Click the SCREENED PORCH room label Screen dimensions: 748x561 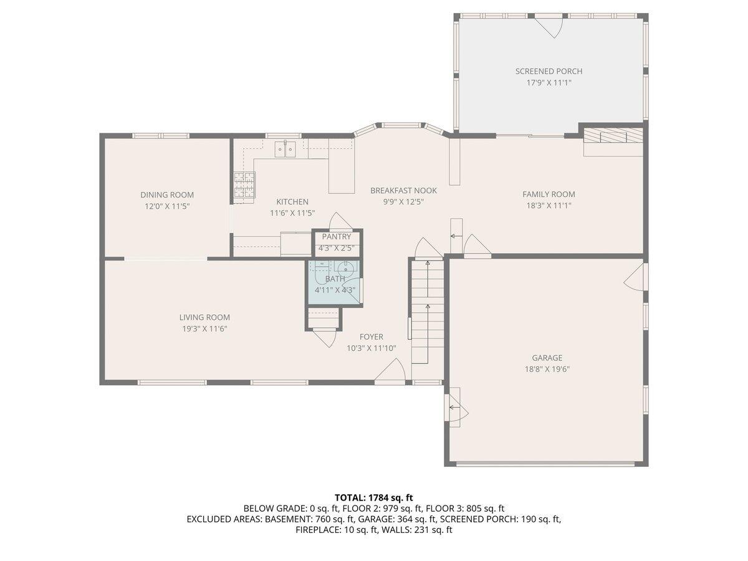549,71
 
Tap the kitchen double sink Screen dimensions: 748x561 285,149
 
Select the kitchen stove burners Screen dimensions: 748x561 244,185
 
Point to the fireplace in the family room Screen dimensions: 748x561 613,135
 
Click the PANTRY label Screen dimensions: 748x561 337,237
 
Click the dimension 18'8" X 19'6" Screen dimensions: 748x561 547,369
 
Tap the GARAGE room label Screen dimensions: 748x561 547,358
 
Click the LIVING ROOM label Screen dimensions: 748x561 204,317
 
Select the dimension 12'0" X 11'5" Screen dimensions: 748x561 167,206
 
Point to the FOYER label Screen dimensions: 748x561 371,337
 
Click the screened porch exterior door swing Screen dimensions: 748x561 549,27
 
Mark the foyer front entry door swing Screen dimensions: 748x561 390,372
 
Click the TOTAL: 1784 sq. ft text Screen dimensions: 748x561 374,497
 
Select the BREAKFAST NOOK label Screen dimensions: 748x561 403,191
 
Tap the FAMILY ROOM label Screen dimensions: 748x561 549,194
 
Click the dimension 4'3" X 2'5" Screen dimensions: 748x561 337,248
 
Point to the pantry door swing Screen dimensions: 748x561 340,221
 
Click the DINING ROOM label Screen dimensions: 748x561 167,195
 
